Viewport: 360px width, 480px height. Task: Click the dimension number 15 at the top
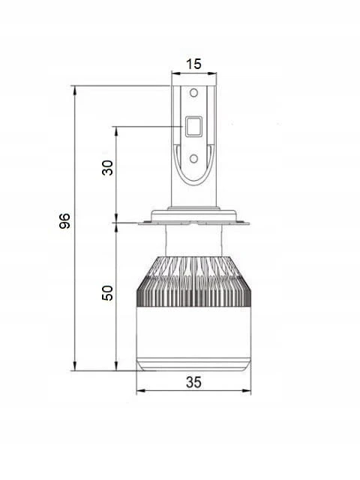click(193, 64)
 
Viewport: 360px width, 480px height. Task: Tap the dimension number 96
click(64, 221)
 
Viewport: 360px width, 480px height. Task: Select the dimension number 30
click(107, 167)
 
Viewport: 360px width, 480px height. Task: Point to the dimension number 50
click(107, 293)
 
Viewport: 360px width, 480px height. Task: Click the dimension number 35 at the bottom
click(193, 382)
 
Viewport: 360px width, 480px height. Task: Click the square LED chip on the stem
click(193, 126)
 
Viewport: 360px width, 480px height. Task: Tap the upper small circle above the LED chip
click(193, 93)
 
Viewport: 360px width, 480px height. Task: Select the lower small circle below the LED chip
click(193, 158)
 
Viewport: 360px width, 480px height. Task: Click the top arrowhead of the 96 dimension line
click(75, 90)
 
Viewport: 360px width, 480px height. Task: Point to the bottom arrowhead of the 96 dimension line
click(75, 366)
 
